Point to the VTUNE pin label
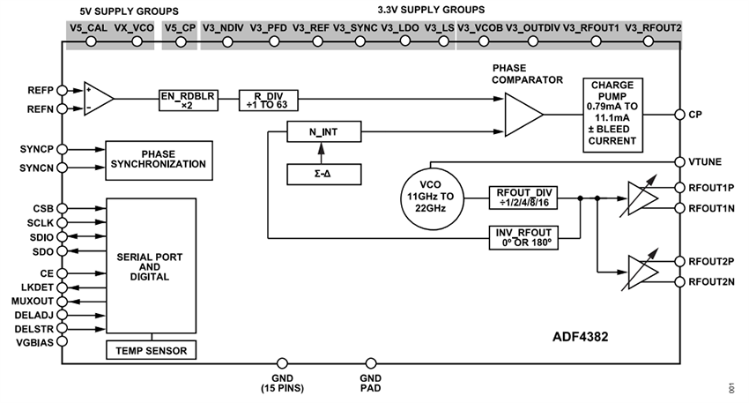coord(705,161)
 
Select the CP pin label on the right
coord(695,114)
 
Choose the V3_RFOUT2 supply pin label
coord(652,28)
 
